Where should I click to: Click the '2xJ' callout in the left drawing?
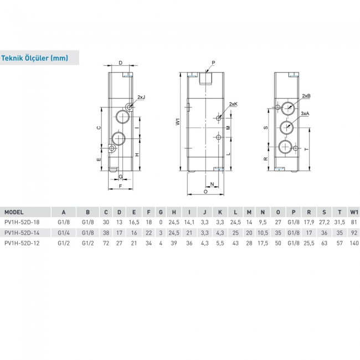pyautogui.click(x=141, y=97)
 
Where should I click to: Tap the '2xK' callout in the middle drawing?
pyautogui.click(x=233, y=104)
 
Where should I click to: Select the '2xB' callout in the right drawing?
pyautogui.click(x=306, y=96)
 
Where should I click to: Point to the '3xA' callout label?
pyautogui.click(x=305, y=113)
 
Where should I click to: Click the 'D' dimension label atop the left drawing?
pyautogui.click(x=120, y=64)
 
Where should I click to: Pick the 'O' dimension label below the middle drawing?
pyautogui.click(x=205, y=192)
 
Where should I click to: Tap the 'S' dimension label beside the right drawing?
pyautogui.click(x=265, y=127)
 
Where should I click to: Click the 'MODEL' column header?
pyautogui.click(x=14, y=212)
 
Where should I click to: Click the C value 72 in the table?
pyautogui.click(x=106, y=243)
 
